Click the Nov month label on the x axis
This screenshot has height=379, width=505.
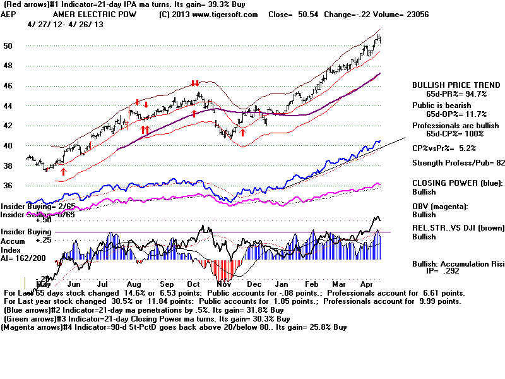(x=223, y=285)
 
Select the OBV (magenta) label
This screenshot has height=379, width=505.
(x=441, y=205)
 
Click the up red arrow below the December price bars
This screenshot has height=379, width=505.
(x=243, y=133)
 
